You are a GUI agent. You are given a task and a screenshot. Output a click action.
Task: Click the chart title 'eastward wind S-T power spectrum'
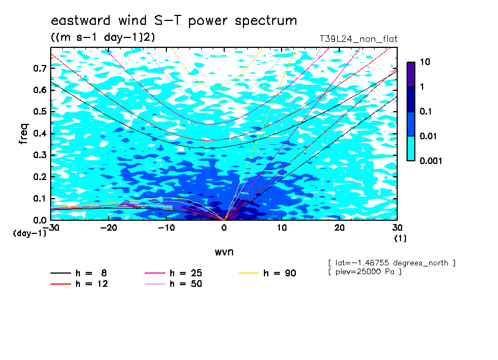[174, 21]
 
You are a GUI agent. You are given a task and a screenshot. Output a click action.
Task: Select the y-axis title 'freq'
[24, 134]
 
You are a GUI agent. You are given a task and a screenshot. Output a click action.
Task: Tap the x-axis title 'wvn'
[224, 252]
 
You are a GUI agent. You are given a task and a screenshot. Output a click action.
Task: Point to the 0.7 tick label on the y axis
[40, 68]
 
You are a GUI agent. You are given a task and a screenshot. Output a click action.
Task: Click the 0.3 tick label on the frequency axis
[40, 155]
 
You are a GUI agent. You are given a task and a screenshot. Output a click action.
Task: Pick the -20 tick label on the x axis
[109, 228]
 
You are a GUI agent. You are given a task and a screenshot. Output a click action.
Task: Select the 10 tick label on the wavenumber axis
[282, 228]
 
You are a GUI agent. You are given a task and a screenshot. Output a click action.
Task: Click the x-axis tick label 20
[339, 228]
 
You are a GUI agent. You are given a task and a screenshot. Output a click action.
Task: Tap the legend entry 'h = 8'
[79, 273]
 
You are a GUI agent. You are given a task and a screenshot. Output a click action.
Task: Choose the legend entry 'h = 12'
[79, 284]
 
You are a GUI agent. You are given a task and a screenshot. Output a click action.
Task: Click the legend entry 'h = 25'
[174, 273]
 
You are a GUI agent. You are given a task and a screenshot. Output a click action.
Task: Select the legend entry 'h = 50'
[174, 284]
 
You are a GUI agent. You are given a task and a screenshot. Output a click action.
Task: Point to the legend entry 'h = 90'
[267, 273]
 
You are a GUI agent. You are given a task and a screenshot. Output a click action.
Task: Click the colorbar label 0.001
[431, 161]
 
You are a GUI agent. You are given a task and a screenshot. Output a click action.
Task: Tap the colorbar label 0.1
[425, 111]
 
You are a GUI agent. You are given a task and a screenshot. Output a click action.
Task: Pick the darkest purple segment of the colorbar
[411, 75]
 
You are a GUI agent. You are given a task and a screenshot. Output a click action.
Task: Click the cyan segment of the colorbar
[411, 149]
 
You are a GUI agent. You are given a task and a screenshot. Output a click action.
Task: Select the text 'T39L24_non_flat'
[358, 39]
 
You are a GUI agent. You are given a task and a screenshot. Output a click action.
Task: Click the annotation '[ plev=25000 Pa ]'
[365, 272]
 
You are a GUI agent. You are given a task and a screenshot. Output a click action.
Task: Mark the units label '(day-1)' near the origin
[30, 233]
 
